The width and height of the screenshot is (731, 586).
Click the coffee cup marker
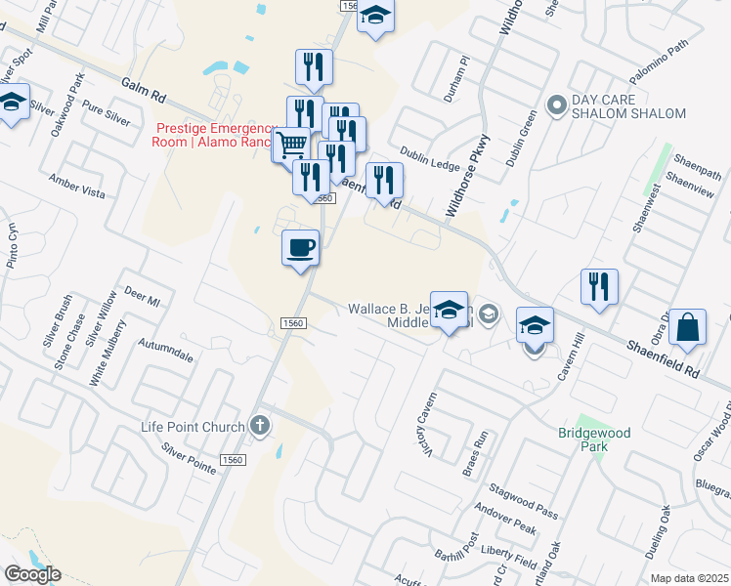pyautogui.click(x=301, y=247)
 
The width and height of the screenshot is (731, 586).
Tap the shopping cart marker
pyautogui.click(x=291, y=145)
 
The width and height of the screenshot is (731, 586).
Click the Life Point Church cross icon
pyautogui.click(x=259, y=425)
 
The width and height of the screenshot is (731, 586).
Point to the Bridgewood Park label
pyautogui.click(x=594, y=439)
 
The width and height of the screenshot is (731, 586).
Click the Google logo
pyautogui.click(x=32, y=574)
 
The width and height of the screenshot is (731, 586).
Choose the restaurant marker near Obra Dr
pyautogui.click(x=598, y=286)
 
